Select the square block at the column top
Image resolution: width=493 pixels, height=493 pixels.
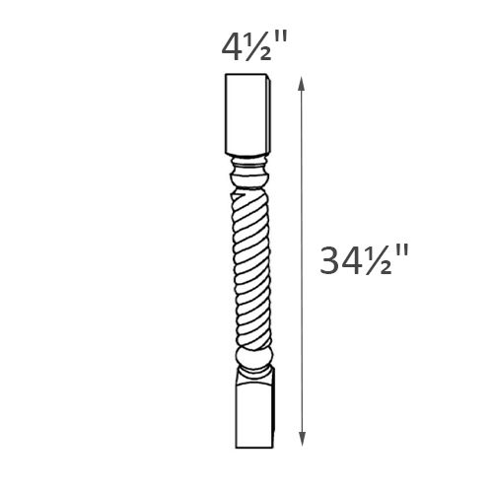click(244, 115)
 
